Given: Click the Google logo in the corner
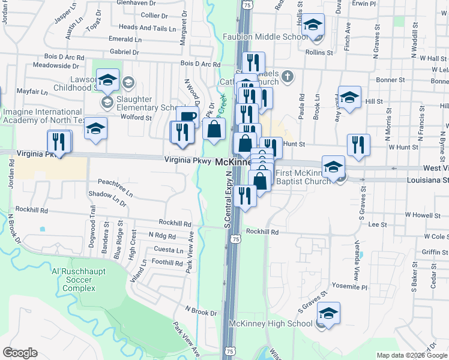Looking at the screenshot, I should click(x=20, y=353).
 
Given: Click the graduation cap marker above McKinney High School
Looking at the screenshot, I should click(x=328, y=314).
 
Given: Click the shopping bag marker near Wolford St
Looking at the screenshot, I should click(x=214, y=129).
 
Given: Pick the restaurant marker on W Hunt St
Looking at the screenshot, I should click(x=358, y=144).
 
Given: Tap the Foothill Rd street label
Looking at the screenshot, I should click(x=166, y=263).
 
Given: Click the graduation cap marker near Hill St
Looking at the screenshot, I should click(x=349, y=97).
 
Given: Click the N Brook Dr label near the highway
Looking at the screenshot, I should click(x=200, y=312).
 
